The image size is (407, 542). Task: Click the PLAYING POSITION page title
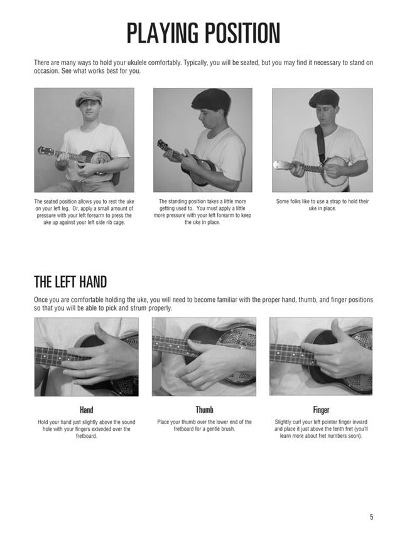pyautogui.click(x=203, y=33)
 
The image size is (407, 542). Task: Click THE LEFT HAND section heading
pyautogui.click(x=70, y=281)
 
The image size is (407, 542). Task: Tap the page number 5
pyautogui.click(x=371, y=499)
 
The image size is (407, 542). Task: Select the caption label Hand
pyautogui.click(x=86, y=410)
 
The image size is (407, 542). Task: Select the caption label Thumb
pyautogui.click(x=204, y=410)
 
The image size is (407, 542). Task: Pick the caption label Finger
pyautogui.click(x=321, y=410)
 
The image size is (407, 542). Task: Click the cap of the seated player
pyautogui.click(x=88, y=98)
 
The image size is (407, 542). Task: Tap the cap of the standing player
pyautogui.click(x=210, y=98)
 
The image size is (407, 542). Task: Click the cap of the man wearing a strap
pyautogui.click(x=323, y=97)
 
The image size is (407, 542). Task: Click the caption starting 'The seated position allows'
pyautogui.click(x=84, y=212)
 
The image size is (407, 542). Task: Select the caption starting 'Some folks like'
pyautogui.click(x=322, y=205)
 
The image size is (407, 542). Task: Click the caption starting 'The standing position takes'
pyautogui.click(x=202, y=212)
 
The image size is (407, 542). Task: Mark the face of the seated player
pyautogui.click(x=88, y=113)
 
